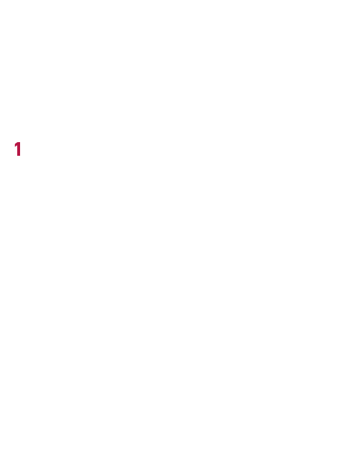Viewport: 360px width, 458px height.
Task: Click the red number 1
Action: point(18,149)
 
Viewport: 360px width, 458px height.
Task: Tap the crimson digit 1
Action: point(18,149)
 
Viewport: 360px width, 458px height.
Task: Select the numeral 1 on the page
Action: point(18,149)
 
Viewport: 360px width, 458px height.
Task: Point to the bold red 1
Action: point(18,149)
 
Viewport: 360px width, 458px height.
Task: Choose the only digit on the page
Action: point(18,149)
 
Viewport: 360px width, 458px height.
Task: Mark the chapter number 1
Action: point(18,149)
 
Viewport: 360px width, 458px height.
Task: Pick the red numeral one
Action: point(18,149)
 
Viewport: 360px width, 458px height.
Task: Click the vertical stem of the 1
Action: point(19,149)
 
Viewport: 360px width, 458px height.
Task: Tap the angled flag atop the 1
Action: point(16,145)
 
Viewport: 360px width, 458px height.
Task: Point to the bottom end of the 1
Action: point(19,156)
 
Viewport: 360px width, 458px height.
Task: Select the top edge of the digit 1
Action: point(19,143)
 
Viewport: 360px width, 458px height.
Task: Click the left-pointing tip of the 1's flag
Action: point(14,146)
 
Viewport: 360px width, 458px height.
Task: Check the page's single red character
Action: point(18,149)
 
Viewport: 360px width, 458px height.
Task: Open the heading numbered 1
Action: point(18,149)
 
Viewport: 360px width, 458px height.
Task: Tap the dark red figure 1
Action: point(18,149)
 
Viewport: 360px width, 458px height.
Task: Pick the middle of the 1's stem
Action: point(19,149)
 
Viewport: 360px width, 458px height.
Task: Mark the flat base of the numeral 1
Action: point(19,156)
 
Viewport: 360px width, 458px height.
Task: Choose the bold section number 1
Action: point(18,149)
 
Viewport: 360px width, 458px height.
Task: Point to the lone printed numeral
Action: point(18,149)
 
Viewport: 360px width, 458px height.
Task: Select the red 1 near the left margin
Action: point(18,149)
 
